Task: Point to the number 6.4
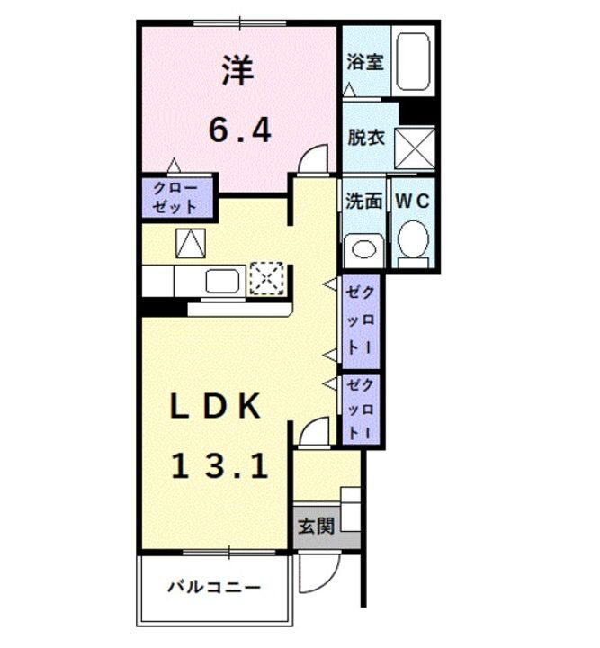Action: click(x=239, y=131)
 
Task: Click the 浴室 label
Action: click(x=366, y=62)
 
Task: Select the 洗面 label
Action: click(x=363, y=201)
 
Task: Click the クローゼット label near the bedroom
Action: click(x=175, y=197)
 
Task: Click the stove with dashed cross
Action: click(x=267, y=278)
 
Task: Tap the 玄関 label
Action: click(x=316, y=526)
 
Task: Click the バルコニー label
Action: click(x=215, y=589)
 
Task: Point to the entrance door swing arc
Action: click(x=317, y=566)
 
